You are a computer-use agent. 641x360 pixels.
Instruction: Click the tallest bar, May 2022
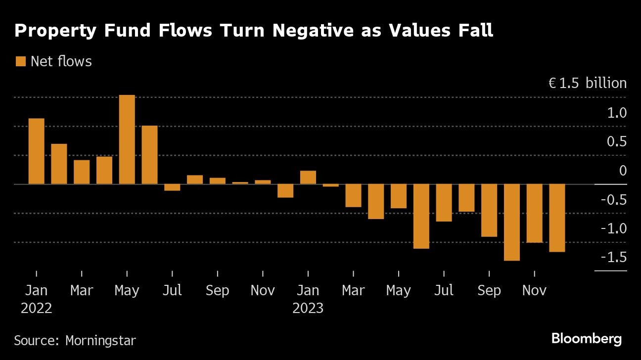coord(127,139)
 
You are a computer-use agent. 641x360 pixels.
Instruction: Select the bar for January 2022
coord(37,151)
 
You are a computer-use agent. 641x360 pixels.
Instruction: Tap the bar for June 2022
coord(149,155)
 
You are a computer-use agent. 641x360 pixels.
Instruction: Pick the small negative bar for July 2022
coord(172,187)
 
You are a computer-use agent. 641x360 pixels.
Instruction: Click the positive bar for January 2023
coord(308,178)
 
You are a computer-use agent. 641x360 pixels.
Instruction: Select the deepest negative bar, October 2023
coord(512,223)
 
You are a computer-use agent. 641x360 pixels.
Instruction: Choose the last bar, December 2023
coord(557,218)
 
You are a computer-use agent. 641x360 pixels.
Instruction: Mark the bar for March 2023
coord(353,195)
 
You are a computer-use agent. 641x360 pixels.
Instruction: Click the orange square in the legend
coord(21,61)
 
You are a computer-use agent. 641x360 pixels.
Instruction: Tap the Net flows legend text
coord(61,61)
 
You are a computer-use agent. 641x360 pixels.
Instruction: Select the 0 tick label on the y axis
coord(622,171)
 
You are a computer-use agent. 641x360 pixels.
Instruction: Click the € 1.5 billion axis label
coord(587,83)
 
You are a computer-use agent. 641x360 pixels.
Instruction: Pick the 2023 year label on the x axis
coord(308,308)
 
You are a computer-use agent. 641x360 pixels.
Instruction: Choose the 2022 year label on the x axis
coord(37,308)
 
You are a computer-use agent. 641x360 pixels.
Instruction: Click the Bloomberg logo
coord(587,339)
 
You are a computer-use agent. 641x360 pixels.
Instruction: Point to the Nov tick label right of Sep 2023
coord(534,290)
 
